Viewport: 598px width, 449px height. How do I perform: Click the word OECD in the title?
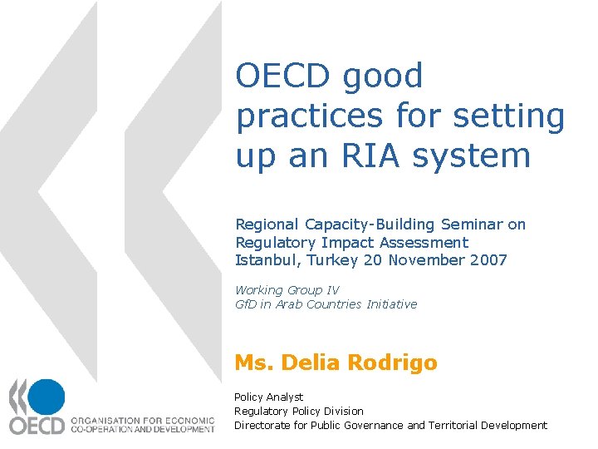[286, 76]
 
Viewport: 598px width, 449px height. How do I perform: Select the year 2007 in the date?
[487, 260]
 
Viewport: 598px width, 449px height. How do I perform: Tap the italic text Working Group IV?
[287, 290]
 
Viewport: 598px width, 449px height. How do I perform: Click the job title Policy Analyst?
[268, 397]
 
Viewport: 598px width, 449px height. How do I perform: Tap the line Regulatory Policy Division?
[299, 411]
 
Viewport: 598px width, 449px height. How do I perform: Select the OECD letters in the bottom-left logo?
[37, 425]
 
